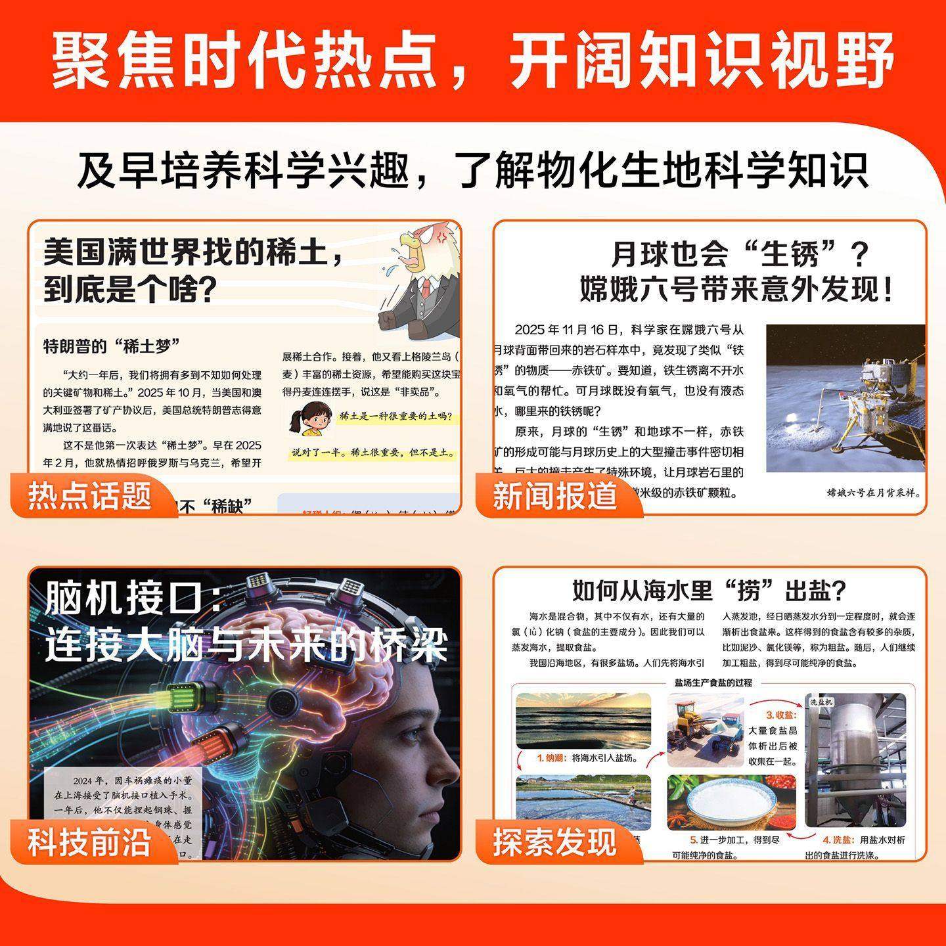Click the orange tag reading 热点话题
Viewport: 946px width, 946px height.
[x=90, y=496]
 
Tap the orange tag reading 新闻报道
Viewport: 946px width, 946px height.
[x=555, y=496]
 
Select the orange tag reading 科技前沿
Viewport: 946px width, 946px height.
[x=90, y=842]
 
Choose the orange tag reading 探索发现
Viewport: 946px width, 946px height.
[x=555, y=842]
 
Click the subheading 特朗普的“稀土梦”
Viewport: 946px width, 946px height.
[x=112, y=346]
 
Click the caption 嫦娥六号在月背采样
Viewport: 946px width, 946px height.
[x=873, y=493]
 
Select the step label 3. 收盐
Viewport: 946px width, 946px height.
[x=781, y=715]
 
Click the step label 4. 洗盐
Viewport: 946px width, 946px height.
[x=838, y=840]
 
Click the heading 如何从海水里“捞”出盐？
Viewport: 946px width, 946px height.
[x=709, y=590]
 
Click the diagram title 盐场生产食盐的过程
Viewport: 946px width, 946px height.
[x=713, y=683]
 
